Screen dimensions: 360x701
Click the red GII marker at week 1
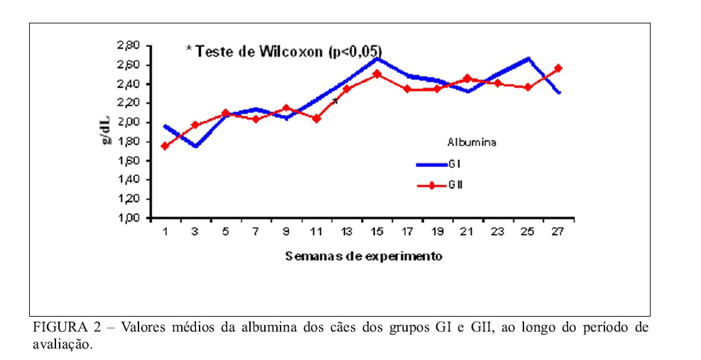pyautogui.click(x=165, y=146)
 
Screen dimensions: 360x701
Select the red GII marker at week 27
pyautogui.click(x=558, y=68)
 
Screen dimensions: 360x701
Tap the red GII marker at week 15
pyautogui.click(x=377, y=74)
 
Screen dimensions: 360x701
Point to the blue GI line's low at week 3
pyautogui.click(x=195, y=146)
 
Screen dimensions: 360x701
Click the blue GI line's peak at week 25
pyautogui.click(x=528, y=58)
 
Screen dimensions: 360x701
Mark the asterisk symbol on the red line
pyautogui.click(x=335, y=101)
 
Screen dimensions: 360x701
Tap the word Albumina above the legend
pyautogui.click(x=472, y=142)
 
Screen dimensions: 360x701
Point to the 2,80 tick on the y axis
pyautogui.click(x=129, y=46)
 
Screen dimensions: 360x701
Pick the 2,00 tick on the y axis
pyautogui.click(x=129, y=123)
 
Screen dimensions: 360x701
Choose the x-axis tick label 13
pyautogui.click(x=347, y=232)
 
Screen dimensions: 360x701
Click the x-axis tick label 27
pyautogui.click(x=558, y=232)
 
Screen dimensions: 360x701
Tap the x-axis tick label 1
pyautogui.click(x=165, y=232)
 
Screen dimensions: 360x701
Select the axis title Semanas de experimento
pyautogui.click(x=364, y=256)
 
